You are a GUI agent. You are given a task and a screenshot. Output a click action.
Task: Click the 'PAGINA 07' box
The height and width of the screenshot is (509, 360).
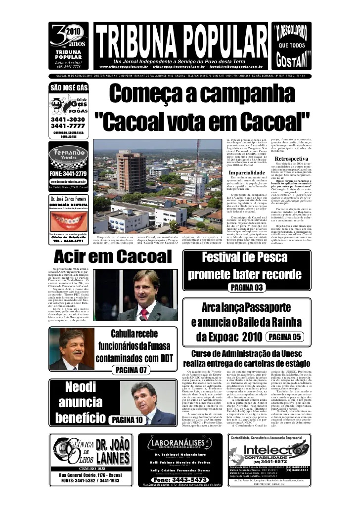(x=131, y=370)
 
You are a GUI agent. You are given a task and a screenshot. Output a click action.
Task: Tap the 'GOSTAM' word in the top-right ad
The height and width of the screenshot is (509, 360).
(x=292, y=61)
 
